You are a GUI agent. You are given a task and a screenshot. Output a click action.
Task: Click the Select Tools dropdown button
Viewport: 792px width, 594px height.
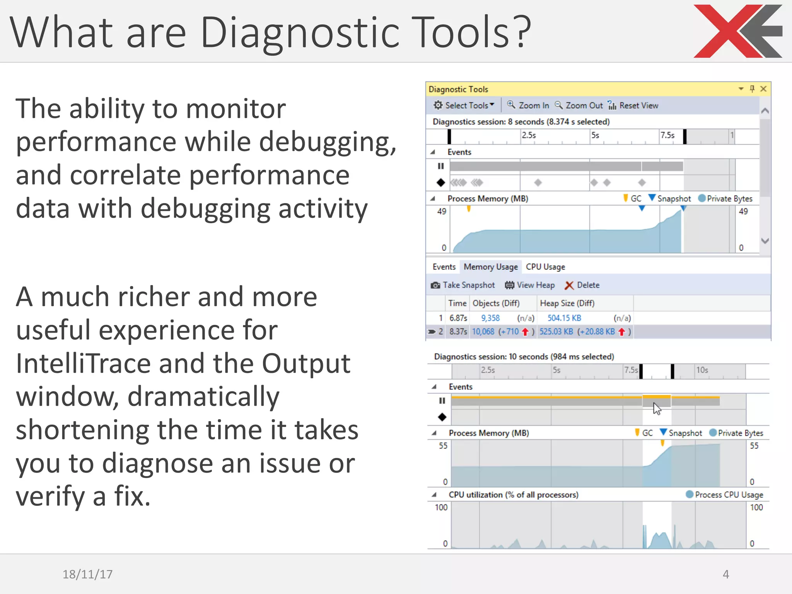464,105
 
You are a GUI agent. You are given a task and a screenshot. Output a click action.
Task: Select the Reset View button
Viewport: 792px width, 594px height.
633,105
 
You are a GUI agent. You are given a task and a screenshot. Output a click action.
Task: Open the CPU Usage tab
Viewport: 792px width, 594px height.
545,267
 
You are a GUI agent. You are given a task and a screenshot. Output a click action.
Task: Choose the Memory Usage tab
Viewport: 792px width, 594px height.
490,267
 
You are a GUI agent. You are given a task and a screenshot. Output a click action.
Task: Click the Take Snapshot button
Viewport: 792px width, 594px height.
463,285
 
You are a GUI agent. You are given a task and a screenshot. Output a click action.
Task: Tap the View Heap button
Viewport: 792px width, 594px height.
530,285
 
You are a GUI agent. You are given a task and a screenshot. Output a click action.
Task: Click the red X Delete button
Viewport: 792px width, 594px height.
582,285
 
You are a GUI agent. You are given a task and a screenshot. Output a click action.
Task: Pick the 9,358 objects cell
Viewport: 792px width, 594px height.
490,318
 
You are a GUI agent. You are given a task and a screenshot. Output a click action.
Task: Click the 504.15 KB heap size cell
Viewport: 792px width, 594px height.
564,318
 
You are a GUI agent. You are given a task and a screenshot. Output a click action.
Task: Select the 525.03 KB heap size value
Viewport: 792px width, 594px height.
556,331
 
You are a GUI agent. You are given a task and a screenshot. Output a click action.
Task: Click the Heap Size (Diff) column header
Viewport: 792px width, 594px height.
567,303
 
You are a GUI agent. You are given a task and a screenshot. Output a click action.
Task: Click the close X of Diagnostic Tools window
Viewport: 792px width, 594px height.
763,89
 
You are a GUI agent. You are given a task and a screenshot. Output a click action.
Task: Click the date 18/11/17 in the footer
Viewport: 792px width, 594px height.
87,574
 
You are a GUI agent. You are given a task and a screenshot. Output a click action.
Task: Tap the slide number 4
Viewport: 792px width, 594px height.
726,574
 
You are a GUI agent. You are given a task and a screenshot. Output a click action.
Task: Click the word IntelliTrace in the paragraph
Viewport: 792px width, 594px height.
83,364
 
